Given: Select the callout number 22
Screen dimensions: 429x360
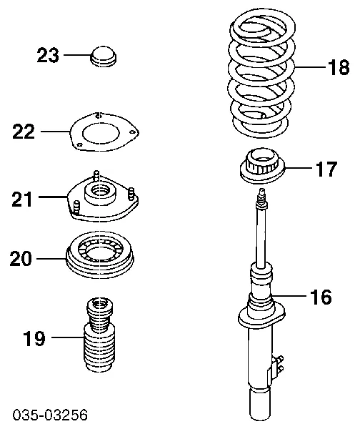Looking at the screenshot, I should (x=24, y=132).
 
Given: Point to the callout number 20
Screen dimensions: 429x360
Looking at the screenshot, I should (x=22, y=257).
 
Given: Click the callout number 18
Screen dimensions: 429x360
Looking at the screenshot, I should (x=338, y=68).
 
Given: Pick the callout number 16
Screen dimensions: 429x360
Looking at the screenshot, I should (x=320, y=296).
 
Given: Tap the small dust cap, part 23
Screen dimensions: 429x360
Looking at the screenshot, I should (x=105, y=55).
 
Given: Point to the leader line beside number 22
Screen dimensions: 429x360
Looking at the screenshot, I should (x=54, y=132).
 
